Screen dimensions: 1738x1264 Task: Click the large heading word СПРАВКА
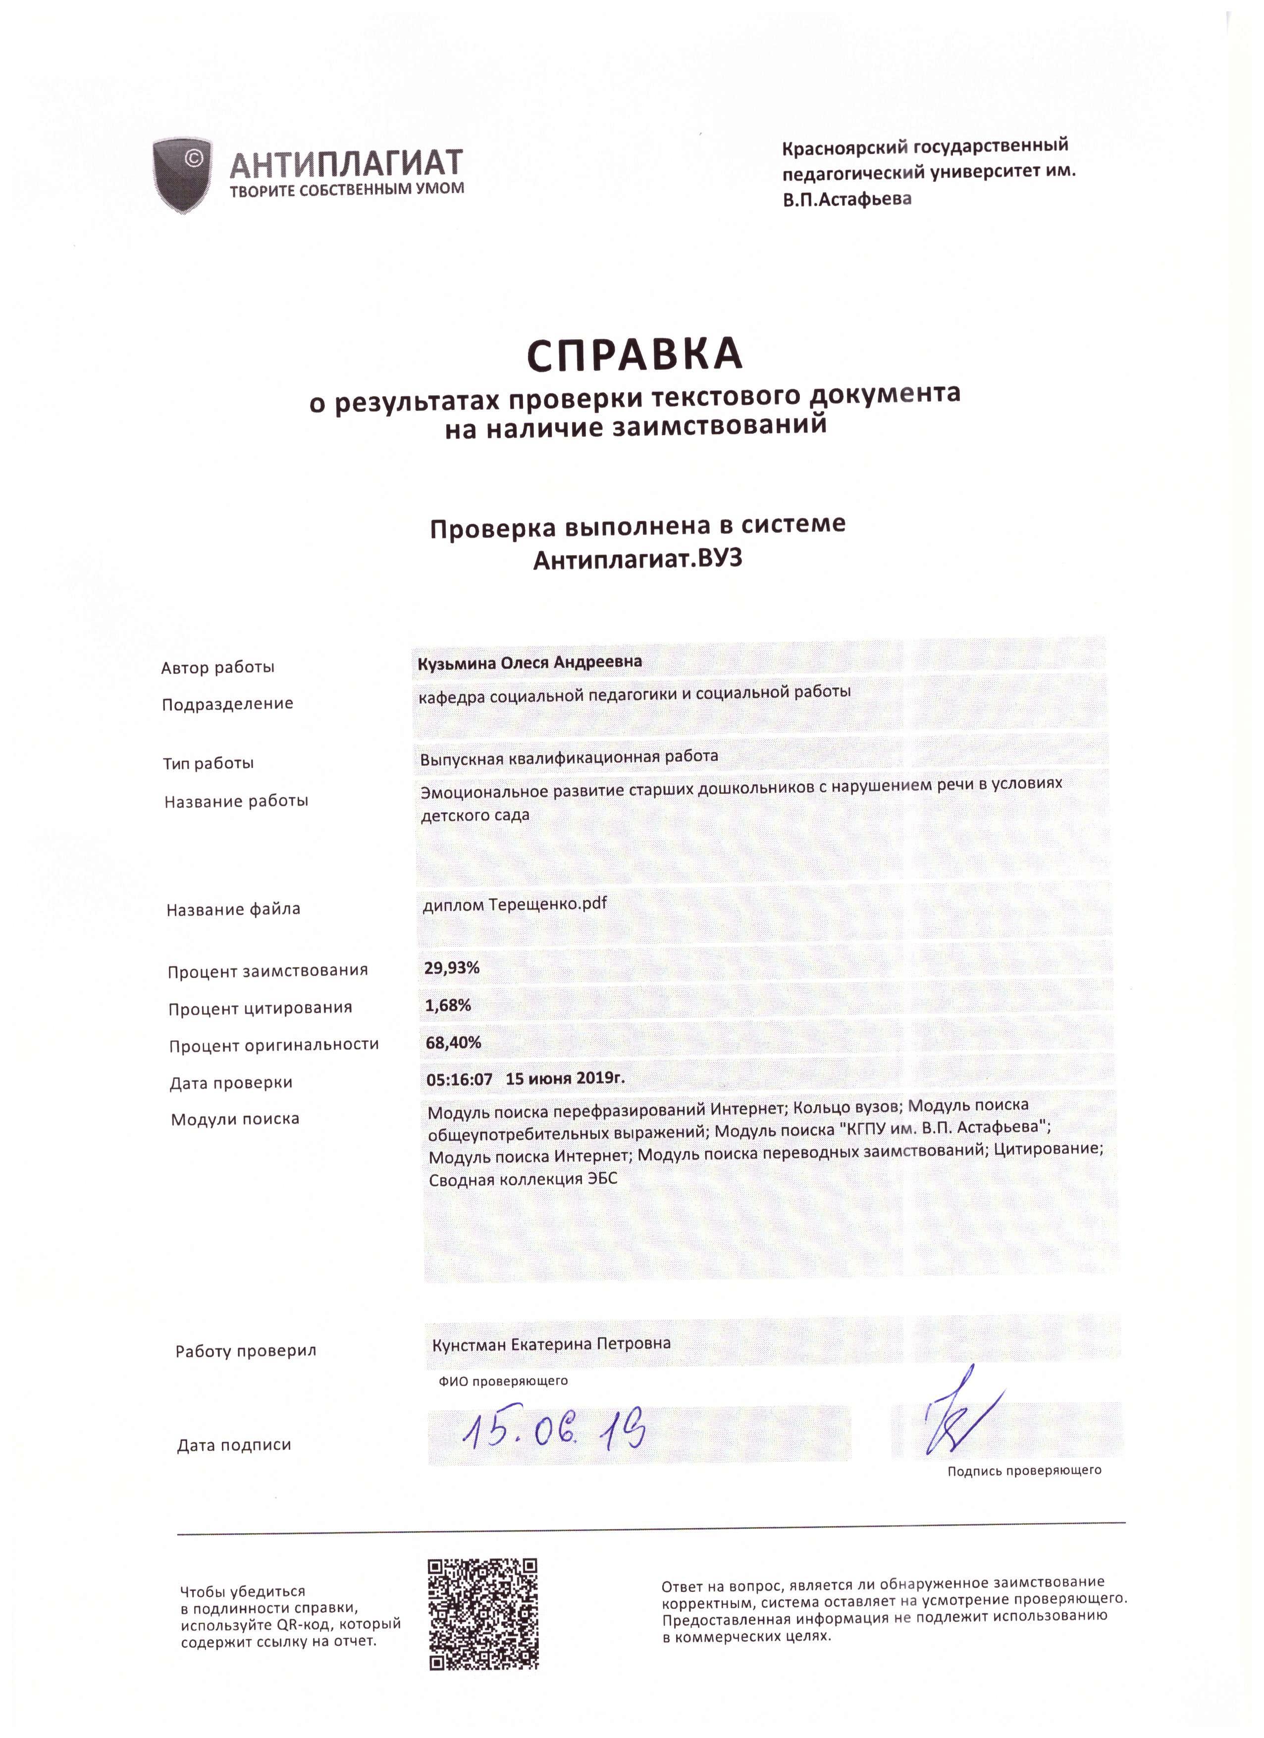pos(634,355)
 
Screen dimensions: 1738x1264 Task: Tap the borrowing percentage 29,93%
pos(452,968)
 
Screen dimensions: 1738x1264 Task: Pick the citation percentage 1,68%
pos(448,1005)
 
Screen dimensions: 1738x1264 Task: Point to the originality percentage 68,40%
pos(454,1041)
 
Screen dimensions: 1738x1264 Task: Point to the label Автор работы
pos(218,667)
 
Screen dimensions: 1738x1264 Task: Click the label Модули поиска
pos(235,1120)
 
